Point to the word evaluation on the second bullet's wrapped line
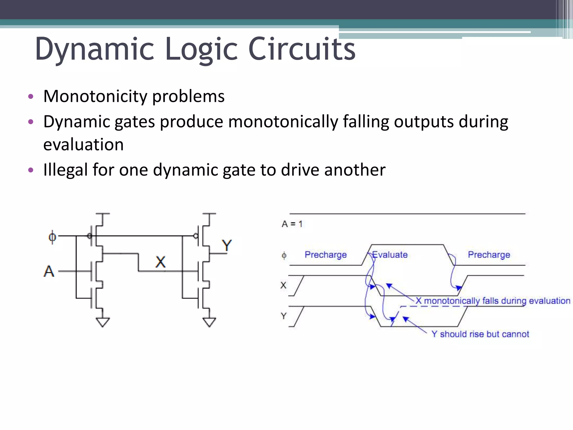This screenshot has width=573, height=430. (x=83, y=145)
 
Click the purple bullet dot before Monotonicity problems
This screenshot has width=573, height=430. (x=31, y=97)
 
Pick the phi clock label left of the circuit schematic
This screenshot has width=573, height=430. (x=52, y=237)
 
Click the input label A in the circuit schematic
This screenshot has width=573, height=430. (x=49, y=271)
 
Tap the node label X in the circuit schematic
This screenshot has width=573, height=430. (x=160, y=262)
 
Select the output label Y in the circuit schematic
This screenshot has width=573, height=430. (x=227, y=246)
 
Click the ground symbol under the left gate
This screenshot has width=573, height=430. (x=103, y=322)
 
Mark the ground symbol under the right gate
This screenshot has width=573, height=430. (x=209, y=322)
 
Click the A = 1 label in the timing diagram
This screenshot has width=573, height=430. (x=292, y=224)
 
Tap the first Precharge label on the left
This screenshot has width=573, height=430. (x=325, y=255)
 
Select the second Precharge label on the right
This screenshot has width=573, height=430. (x=489, y=255)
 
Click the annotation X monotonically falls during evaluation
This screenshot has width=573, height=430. (x=493, y=301)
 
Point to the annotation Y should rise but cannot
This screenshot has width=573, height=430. (x=480, y=334)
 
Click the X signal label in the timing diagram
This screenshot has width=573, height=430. (x=283, y=285)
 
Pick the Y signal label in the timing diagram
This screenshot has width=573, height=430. (x=284, y=316)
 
